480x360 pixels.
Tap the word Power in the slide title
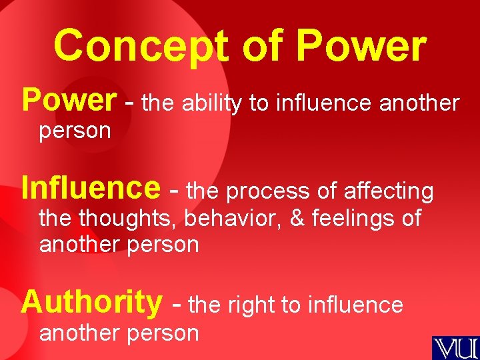coord(360,47)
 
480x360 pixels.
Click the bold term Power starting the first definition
coord(69,100)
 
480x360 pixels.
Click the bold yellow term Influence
coord(91,188)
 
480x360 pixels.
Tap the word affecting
coord(389,191)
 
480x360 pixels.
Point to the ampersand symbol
coord(297,218)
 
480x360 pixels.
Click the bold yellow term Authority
coord(91,301)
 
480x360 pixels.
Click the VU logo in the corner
coord(455,347)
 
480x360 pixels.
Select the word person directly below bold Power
coord(75,131)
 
